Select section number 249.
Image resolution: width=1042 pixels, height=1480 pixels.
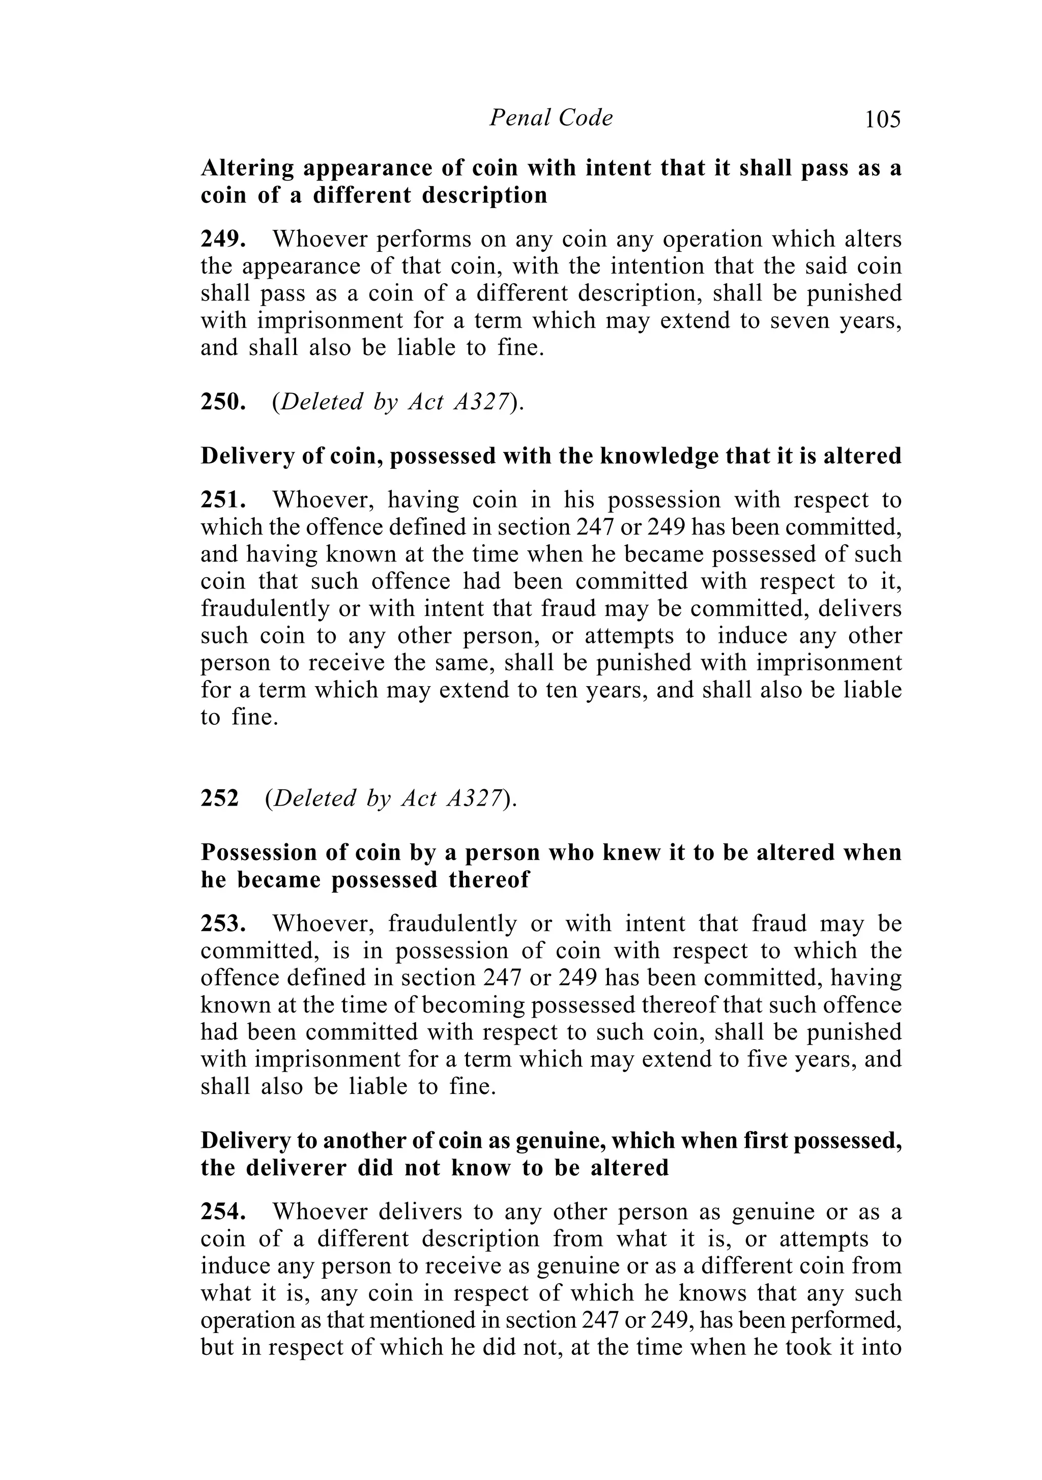click(x=222, y=239)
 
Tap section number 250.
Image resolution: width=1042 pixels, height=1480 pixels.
click(x=222, y=402)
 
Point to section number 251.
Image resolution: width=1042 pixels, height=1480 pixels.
click(x=222, y=500)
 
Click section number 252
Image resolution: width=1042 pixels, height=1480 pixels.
click(x=219, y=798)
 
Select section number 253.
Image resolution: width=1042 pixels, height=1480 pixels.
click(x=222, y=924)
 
